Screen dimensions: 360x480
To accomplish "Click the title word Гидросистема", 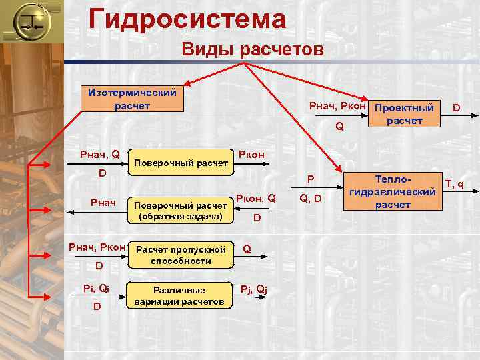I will click(187, 18).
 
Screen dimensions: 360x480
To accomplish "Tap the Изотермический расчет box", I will click(128, 99).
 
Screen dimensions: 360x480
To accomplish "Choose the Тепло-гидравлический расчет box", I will click(393, 193).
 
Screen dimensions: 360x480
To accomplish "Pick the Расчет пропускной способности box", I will click(181, 255).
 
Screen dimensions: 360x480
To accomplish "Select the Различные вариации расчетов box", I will click(179, 296).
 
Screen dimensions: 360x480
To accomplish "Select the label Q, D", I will click(311, 198).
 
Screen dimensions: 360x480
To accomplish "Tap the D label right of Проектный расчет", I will click(457, 107).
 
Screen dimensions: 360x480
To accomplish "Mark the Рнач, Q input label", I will click(99, 155).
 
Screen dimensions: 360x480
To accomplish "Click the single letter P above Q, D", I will click(310, 179).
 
